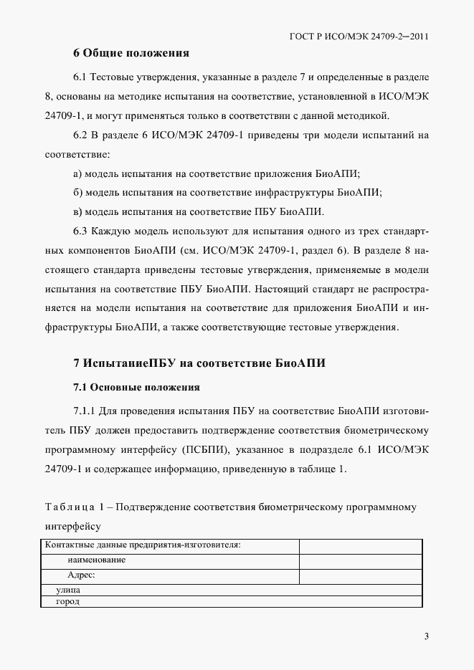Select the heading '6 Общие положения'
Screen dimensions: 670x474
(x=131, y=53)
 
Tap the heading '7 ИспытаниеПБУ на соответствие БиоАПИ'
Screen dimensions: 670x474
(x=199, y=363)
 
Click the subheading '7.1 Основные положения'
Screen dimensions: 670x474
(x=136, y=387)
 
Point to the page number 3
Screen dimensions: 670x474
(x=426, y=636)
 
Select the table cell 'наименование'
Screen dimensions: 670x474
(x=97, y=560)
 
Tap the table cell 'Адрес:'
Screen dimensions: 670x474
(x=82, y=575)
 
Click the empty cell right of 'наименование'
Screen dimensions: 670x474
(x=361, y=560)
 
